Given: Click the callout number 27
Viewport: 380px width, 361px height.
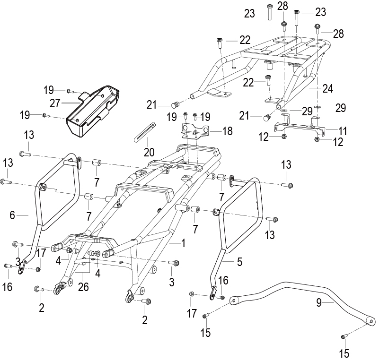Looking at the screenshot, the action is (x=55, y=103).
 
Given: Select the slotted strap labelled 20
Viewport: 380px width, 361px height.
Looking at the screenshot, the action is (x=145, y=132).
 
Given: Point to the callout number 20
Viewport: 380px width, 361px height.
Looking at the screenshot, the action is (x=149, y=152).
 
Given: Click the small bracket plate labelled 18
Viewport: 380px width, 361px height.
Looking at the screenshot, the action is (x=195, y=131).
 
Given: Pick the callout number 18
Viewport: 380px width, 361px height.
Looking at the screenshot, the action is (x=227, y=131).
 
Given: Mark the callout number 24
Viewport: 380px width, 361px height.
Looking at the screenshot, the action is (x=327, y=88).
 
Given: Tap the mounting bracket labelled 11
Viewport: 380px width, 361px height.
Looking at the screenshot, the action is (x=300, y=126).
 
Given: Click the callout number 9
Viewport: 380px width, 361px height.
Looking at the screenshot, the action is (x=319, y=302).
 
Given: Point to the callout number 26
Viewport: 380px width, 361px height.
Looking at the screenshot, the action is (x=83, y=287).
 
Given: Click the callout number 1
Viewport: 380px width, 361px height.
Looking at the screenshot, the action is (x=183, y=243).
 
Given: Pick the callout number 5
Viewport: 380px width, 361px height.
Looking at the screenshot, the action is (x=239, y=262).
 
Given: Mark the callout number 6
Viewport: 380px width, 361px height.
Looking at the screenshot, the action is (x=12, y=215).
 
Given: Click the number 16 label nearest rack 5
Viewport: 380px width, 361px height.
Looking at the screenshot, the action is (x=223, y=280).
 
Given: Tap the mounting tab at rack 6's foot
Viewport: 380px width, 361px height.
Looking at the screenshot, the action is (x=21, y=267).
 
